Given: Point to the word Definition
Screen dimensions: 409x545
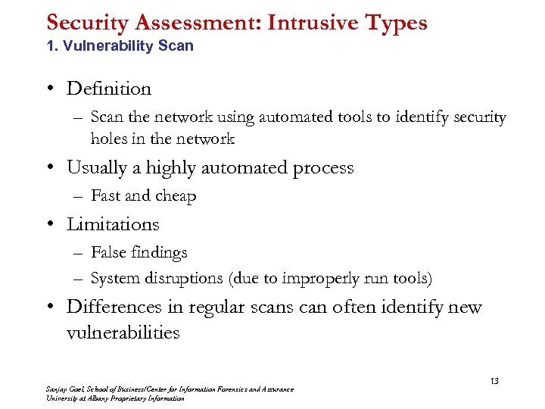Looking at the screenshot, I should pos(109,89).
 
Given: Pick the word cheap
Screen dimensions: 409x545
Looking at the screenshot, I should pos(176,196).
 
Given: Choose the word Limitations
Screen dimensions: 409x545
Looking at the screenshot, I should pos(113,224).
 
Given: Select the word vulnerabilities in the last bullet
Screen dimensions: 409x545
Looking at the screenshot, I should pos(123,333).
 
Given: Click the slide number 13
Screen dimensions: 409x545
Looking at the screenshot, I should pos(494,380).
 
